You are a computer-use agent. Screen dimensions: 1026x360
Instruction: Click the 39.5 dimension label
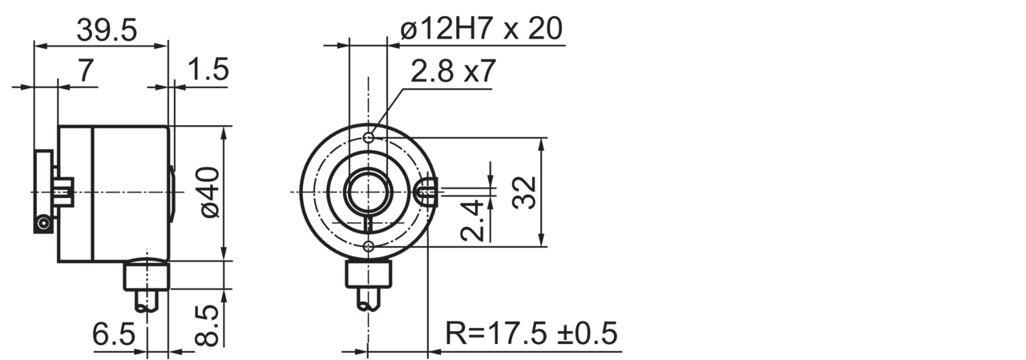(107, 30)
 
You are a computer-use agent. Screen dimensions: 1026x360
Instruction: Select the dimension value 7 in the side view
(85, 71)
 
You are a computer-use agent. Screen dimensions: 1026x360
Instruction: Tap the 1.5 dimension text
(208, 70)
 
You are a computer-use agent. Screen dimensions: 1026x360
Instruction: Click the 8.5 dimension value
(206, 326)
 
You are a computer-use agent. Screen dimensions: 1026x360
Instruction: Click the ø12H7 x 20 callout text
(481, 29)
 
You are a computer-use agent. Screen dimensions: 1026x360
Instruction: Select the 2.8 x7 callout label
(453, 71)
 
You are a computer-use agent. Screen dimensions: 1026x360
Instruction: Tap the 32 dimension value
(523, 192)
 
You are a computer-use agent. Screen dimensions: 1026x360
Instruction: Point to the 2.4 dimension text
(472, 220)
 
